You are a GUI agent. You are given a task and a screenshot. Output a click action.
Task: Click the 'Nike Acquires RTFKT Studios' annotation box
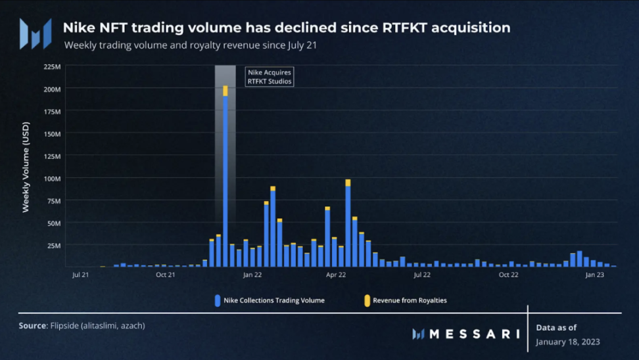(270, 76)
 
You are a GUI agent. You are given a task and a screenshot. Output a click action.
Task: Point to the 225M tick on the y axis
(53, 66)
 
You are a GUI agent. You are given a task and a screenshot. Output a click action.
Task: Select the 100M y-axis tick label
(53, 178)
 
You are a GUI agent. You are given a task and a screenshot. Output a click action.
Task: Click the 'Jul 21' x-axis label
(81, 275)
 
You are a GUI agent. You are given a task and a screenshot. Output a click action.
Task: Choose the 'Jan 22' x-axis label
(252, 275)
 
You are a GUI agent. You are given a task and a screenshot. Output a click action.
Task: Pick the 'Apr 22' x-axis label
(336, 275)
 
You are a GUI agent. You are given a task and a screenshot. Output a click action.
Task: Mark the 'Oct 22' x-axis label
(508, 275)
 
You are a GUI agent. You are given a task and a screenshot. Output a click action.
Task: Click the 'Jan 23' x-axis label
(594, 275)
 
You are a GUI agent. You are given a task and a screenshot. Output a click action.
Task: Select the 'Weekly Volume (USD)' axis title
(26, 168)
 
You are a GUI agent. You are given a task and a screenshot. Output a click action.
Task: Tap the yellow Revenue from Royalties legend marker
(367, 300)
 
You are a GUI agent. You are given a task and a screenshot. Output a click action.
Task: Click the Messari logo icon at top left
(35, 34)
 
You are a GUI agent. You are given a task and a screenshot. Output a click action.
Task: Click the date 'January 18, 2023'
(568, 342)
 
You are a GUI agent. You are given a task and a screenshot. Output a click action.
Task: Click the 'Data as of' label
(557, 326)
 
